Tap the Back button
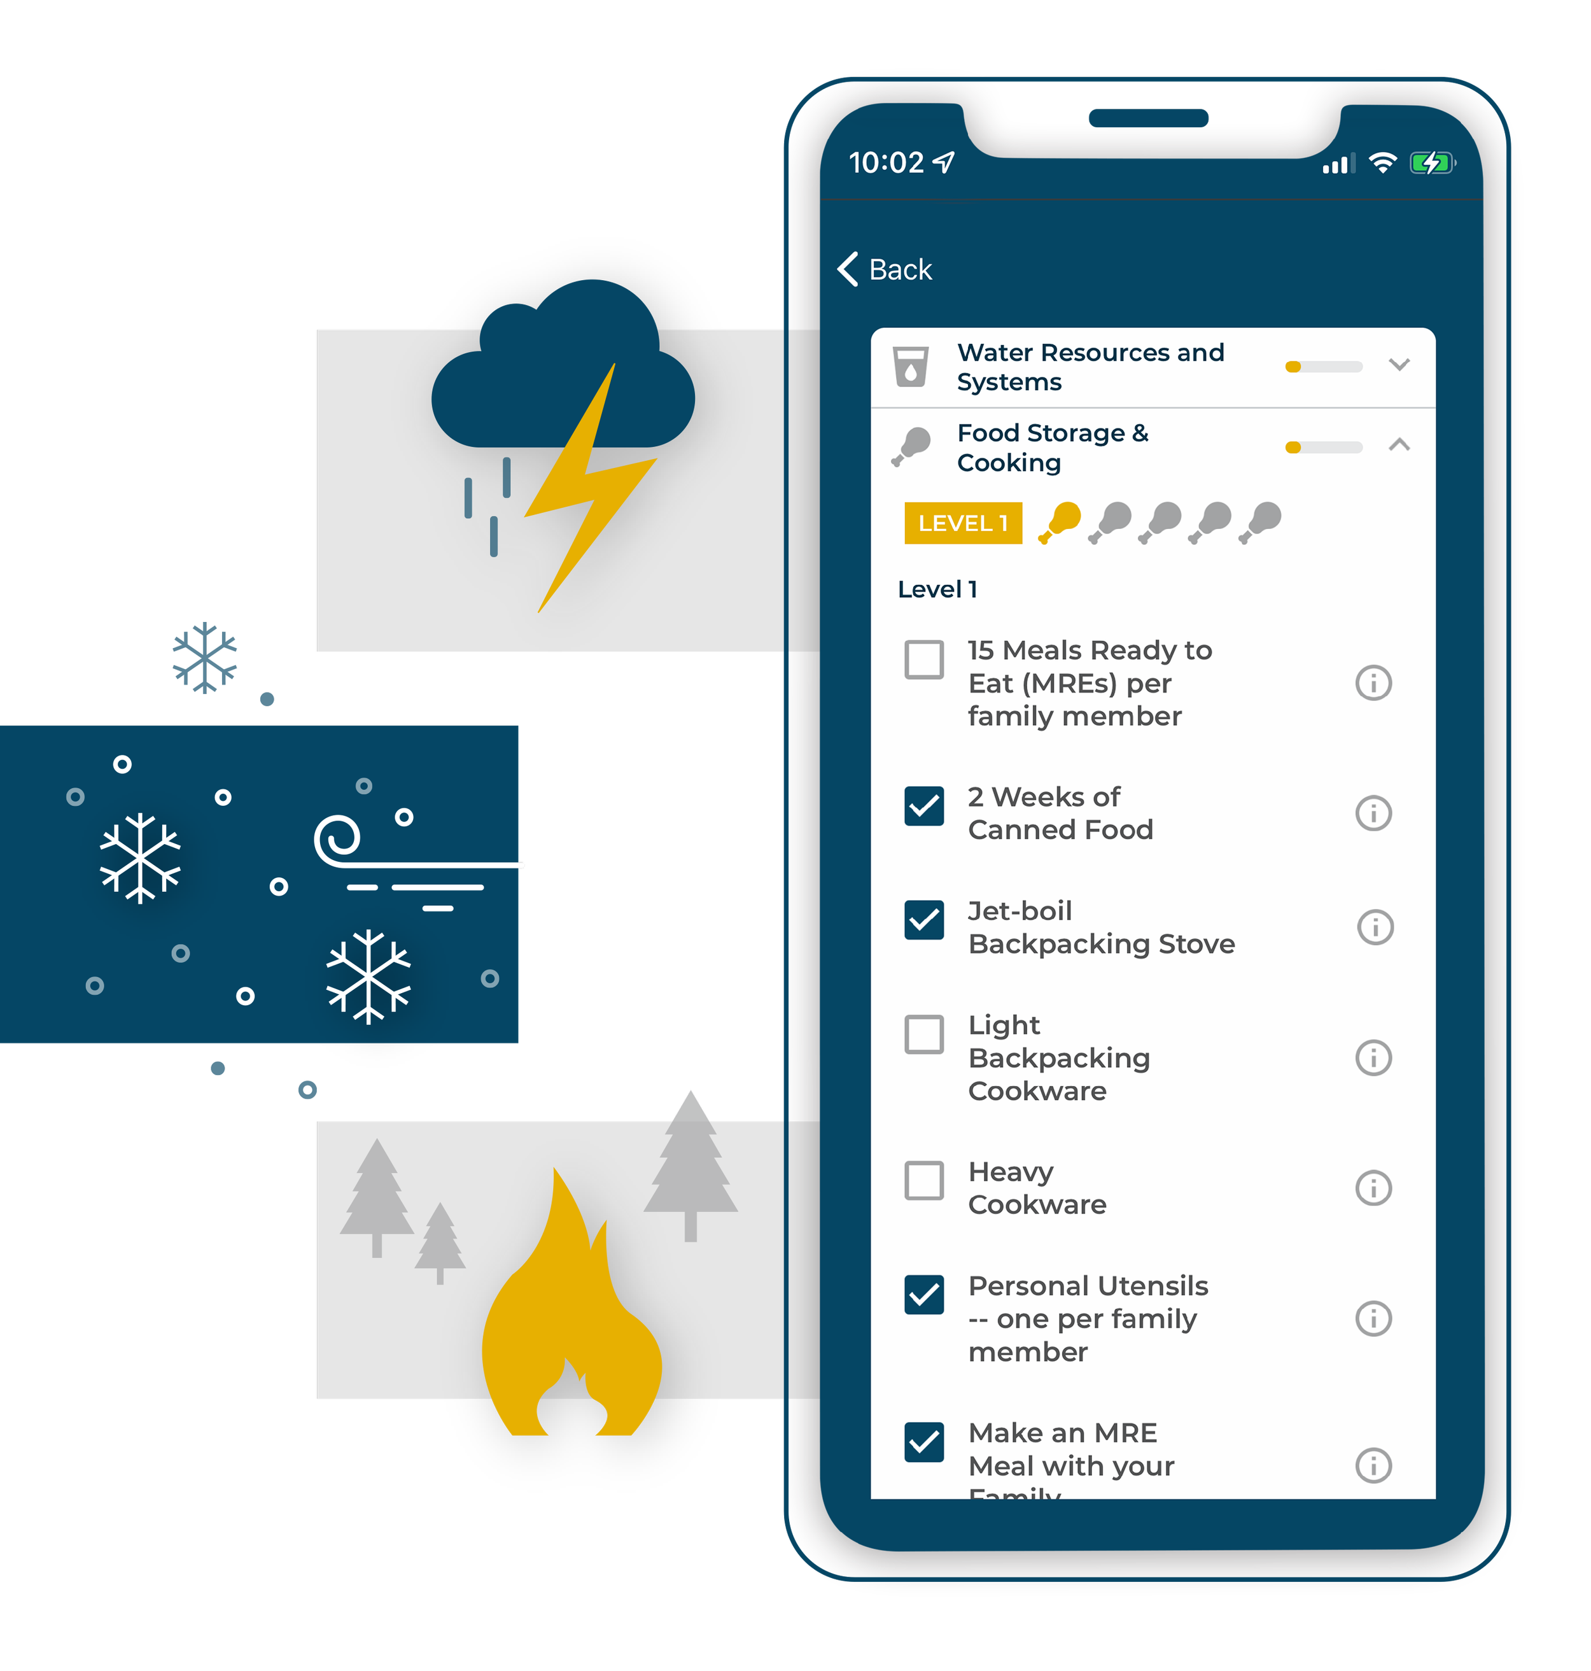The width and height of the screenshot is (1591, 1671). click(885, 270)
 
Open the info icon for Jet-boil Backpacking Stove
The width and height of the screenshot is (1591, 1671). click(1375, 927)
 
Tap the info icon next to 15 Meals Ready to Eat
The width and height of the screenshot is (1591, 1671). click(1373, 683)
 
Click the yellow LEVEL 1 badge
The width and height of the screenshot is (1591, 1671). click(963, 523)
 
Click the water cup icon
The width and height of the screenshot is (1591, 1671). click(911, 367)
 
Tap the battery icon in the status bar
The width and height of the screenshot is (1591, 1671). click(1431, 163)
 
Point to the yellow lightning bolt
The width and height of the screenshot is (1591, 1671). click(585, 492)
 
